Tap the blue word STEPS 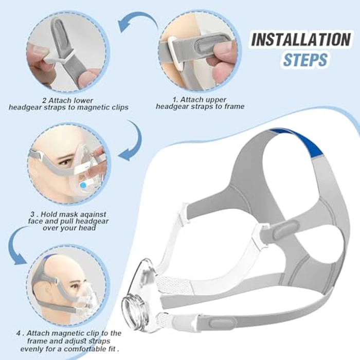tap(305, 60)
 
